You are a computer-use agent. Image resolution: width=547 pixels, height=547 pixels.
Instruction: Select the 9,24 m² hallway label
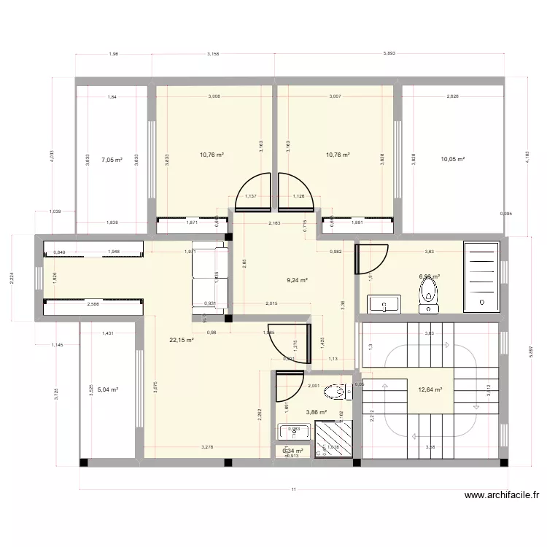(298, 279)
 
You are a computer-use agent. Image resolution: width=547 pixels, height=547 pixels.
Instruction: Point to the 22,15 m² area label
(181, 340)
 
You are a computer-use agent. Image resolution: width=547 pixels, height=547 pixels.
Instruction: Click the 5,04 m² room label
(107, 389)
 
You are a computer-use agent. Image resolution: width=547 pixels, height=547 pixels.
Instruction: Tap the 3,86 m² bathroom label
(316, 412)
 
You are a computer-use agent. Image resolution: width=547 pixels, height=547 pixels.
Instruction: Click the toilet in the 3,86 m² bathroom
(338, 392)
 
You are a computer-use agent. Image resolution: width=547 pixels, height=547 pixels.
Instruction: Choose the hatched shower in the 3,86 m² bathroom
(333, 440)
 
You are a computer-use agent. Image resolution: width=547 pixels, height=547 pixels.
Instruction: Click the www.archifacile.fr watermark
(502, 495)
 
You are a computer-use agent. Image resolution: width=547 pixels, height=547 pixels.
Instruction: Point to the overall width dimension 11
(293, 490)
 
